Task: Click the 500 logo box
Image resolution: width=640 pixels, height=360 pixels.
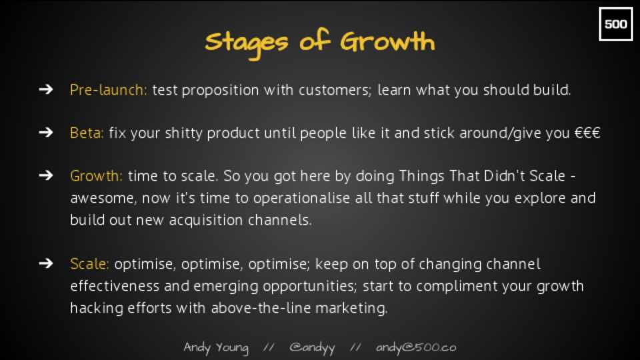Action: click(x=615, y=24)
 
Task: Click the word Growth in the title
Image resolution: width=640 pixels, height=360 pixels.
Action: click(x=388, y=41)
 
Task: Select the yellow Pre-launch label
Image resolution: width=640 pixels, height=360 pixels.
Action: click(x=108, y=90)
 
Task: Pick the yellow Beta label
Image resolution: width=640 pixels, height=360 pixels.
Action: click(x=87, y=133)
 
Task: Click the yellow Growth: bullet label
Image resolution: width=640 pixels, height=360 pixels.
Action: click(x=96, y=176)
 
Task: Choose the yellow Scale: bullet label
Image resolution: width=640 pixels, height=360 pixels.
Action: click(x=89, y=264)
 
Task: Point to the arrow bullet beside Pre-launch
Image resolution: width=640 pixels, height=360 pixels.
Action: click(x=46, y=89)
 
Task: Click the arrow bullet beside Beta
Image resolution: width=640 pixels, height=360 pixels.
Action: click(x=46, y=132)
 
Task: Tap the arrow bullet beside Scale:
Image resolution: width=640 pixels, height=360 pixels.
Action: click(x=46, y=263)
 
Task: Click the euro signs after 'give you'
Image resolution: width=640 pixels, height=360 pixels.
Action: click(x=587, y=133)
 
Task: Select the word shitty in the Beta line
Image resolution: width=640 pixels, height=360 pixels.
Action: click(x=184, y=133)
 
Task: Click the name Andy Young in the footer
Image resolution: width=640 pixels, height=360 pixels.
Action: click(x=216, y=348)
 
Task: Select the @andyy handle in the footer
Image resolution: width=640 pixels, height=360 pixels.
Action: click(x=312, y=348)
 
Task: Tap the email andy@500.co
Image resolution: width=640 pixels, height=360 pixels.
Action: click(x=416, y=347)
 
